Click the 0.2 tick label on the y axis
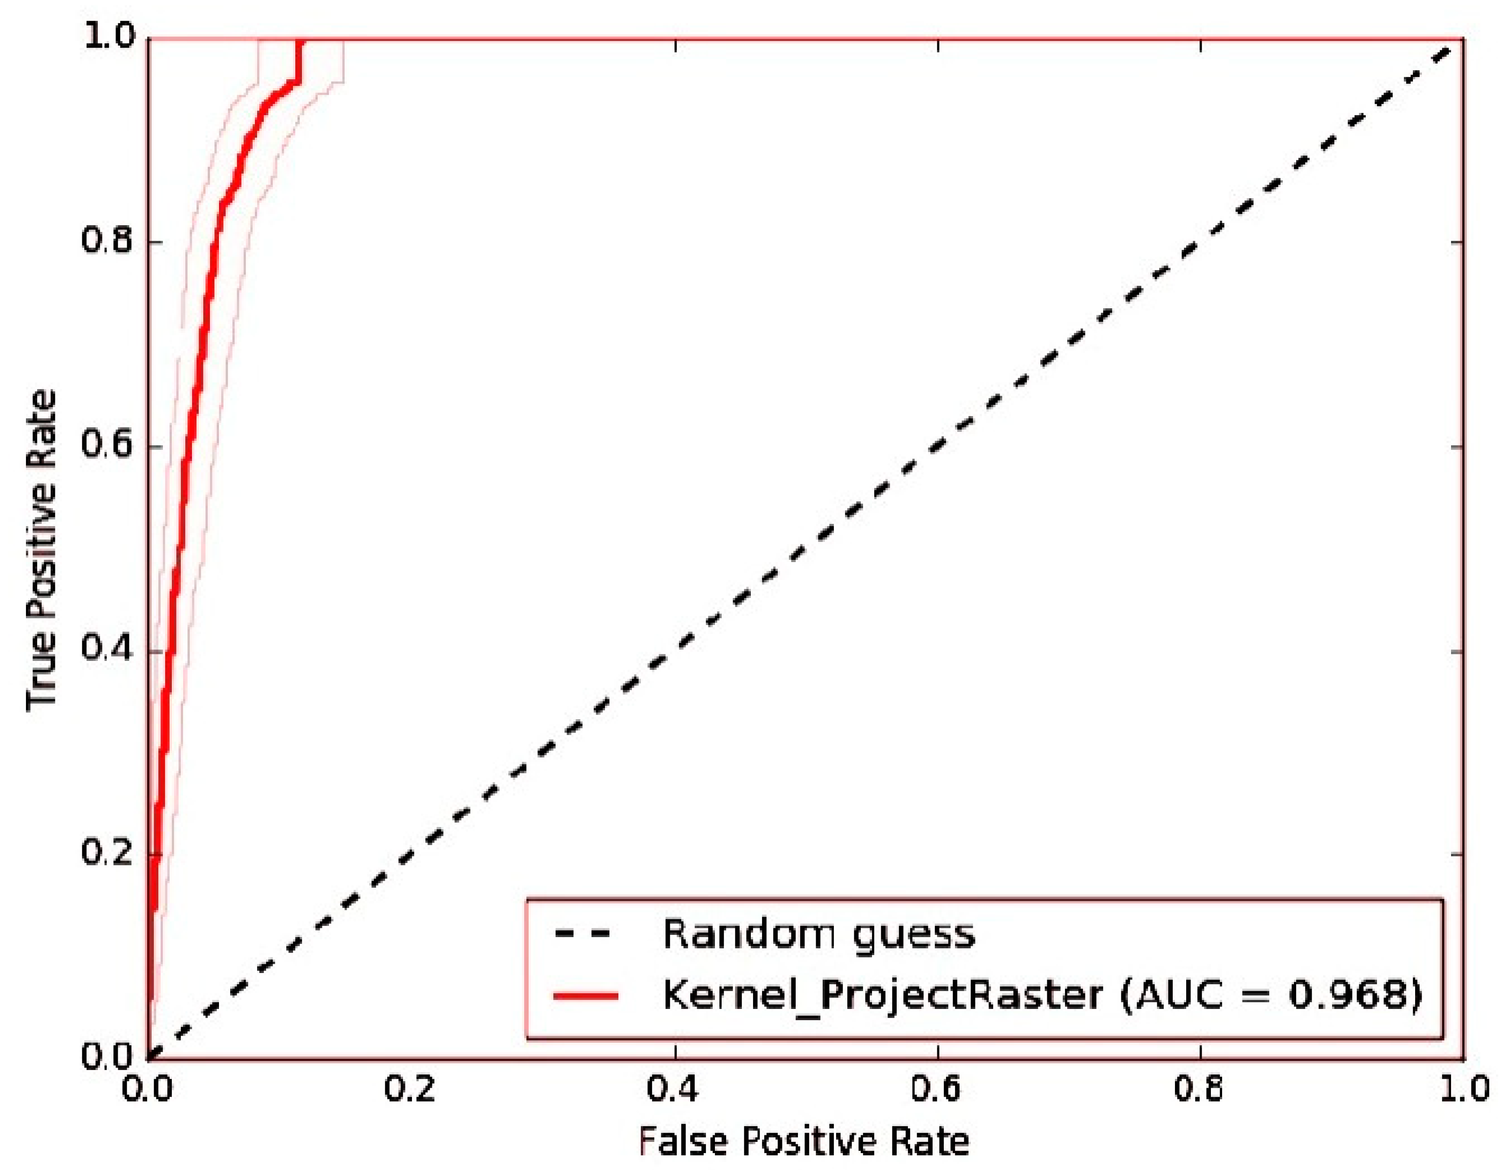(x=107, y=853)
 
